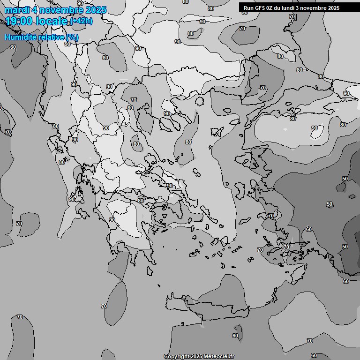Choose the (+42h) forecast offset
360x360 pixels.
coord(82,21)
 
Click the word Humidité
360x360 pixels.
coord(20,37)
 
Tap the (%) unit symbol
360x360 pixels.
coord(72,37)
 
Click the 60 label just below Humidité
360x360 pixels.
coord(13,47)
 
